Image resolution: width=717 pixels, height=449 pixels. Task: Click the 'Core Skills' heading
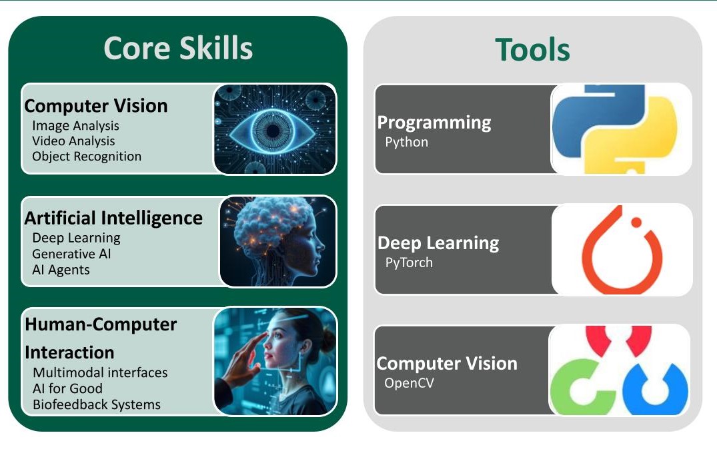[178, 49]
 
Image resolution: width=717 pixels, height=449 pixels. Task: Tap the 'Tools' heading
[532, 50]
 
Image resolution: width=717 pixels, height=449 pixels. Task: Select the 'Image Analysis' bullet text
[75, 125]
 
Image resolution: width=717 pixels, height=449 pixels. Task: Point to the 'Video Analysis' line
[73, 141]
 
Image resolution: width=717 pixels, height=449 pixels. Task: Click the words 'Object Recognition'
[87, 157]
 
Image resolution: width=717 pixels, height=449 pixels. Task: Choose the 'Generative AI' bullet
[71, 254]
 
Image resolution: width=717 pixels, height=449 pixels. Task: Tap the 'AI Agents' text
[61, 270]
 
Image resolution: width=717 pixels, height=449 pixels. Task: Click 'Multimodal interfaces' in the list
[100, 372]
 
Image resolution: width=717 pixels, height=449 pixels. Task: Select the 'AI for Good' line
[67, 388]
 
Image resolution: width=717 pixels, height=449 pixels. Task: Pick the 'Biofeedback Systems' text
[96, 404]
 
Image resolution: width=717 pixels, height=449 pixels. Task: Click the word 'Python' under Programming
[406, 142]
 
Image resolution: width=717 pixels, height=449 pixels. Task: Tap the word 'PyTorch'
[409, 262]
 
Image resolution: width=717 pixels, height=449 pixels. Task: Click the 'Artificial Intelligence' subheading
[113, 218]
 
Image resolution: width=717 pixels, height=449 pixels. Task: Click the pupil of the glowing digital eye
[272, 129]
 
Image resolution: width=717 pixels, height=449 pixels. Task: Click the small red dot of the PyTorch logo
[636, 223]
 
